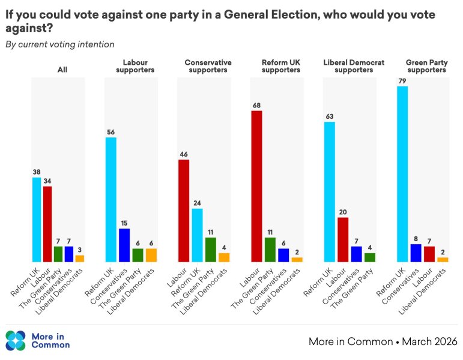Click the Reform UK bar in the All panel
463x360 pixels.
(37, 220)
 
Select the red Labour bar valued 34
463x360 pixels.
(47, 224)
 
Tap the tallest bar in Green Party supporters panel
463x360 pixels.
(402, 174)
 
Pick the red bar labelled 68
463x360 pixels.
(256, 186)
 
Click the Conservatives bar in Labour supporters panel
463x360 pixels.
(124, 245)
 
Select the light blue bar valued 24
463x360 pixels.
(197, 235)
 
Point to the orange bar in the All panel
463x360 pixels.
(80, 259)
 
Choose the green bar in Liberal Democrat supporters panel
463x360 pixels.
(369, 257)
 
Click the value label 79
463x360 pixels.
(402, 80)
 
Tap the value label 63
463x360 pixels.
(329, 116)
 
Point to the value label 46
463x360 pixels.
(184, 154)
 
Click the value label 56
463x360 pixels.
(111, 131)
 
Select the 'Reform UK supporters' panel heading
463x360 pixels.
(281, 66)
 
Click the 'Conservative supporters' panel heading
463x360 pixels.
(208, 66)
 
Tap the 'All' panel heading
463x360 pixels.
(62, 70)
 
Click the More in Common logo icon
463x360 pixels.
(16, 340)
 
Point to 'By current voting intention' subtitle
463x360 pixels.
(59, 44)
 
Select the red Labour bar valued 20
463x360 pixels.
(343, 239)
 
